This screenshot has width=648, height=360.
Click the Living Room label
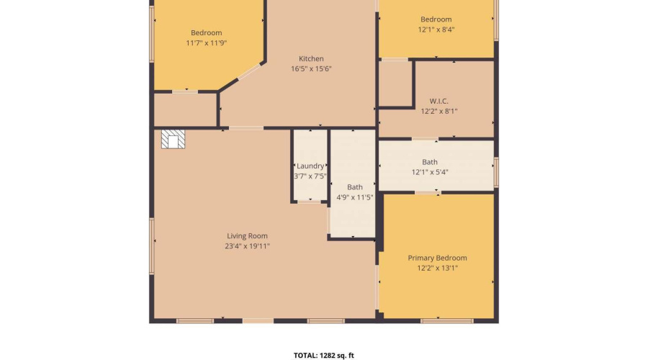(247, 236)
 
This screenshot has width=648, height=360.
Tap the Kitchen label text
(311, 59)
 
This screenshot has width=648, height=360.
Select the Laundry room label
(310, 166)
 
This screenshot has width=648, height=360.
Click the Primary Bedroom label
(437, 258)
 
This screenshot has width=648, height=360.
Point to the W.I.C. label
(439, 101)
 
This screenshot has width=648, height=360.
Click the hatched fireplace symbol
(173, 139)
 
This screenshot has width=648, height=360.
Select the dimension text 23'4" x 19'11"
(247, 246)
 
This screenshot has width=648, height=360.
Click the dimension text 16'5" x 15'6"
(311, 69)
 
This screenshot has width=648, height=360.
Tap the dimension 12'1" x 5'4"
(430, 172)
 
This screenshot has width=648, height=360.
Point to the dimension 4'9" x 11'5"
(354, 197)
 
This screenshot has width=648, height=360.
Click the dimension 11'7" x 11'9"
(206, 43)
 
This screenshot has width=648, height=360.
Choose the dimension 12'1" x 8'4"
(436, 30)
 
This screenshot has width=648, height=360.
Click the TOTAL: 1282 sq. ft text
(323, 356)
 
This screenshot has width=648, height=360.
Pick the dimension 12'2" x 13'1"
(437, 269)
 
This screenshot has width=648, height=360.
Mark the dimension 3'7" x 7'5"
(310, 176)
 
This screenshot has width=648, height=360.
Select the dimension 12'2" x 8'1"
(439, 111)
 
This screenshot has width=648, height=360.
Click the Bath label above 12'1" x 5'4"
(430, 162)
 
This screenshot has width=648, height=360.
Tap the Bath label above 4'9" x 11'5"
(354, 187)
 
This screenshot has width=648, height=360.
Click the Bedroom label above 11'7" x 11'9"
(206, 32)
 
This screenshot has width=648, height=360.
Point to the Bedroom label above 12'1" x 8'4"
(436, 19)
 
